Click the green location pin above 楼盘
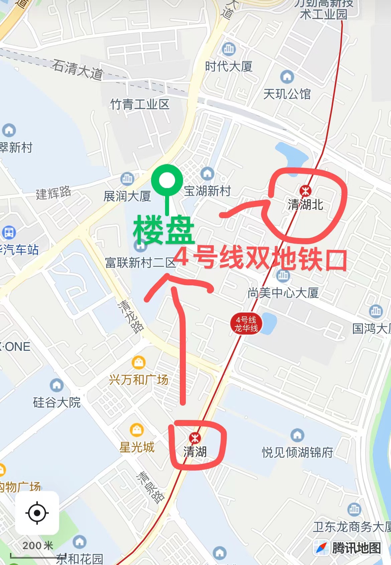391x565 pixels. click(x=167, y=181)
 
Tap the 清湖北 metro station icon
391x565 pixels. click(x=305, y=191)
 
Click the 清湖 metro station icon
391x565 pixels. click(x=195, y=438)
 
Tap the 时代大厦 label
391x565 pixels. click(x=229, y=66)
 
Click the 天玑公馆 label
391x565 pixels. click(x=287, y=94)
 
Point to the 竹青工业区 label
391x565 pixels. click(x=140, y=105)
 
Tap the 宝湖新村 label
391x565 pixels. click(x=208, y=191)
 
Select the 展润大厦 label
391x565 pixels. click(x=127, y=196)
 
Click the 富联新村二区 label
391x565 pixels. click(x=140, y=263)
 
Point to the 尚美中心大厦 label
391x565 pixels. click(x=283, y=293)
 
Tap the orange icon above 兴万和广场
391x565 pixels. click(x=138, y=362)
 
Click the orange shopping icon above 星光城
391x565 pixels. click(x=137, y=430)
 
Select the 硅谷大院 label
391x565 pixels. click(x=57, y=402)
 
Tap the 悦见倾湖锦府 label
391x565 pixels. click(x=297, y=452)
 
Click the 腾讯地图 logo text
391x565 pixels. click(x=356, y=548)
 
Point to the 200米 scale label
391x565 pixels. click(x=38, y=546)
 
